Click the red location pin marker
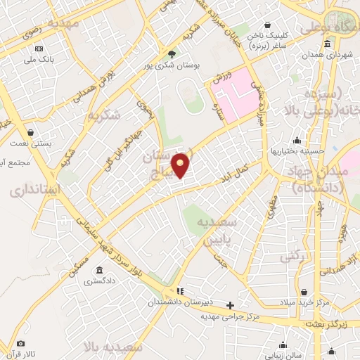[x=181, y=165]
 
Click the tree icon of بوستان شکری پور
[x=172, y=53]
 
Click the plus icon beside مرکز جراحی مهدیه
[x=230, y=305]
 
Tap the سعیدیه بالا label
[x=117, y=347]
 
